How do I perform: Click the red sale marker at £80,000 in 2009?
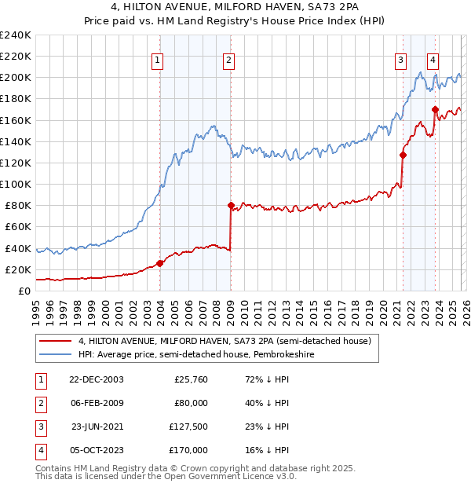coord(231,206)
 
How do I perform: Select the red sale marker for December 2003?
coord(160,263)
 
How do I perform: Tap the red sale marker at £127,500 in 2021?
coord(403,156)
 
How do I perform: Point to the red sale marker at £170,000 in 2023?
coord(434,109)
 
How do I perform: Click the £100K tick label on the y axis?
coord(15,184)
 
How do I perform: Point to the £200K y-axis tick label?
coord(15,78)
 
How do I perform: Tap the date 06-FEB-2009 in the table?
coord(97,403)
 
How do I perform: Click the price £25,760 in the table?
coord(191,379)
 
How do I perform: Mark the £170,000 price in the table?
coord(188,451)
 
